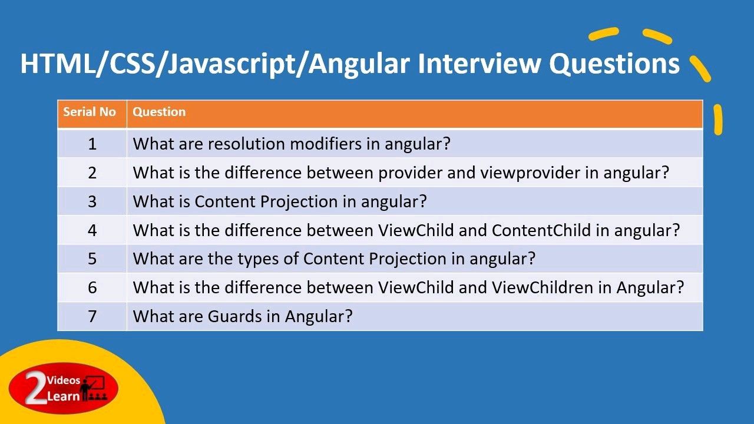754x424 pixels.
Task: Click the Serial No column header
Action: click(89, 112)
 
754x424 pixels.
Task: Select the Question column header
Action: click(159, 112)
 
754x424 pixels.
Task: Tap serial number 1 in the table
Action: click(92, 144)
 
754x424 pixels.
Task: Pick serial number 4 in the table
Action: click(92, 230)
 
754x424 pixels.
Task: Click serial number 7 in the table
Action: click(92, 317)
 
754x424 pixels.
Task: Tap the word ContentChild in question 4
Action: click(541, 230)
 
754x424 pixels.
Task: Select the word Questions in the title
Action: click(614, 64)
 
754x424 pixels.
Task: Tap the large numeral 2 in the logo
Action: click(36, 387)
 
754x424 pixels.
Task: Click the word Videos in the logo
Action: click(64, 380)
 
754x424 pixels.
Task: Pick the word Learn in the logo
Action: click(63, 396)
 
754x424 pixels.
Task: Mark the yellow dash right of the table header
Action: click(717, 120)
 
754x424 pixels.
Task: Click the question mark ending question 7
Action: click(349, 316)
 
